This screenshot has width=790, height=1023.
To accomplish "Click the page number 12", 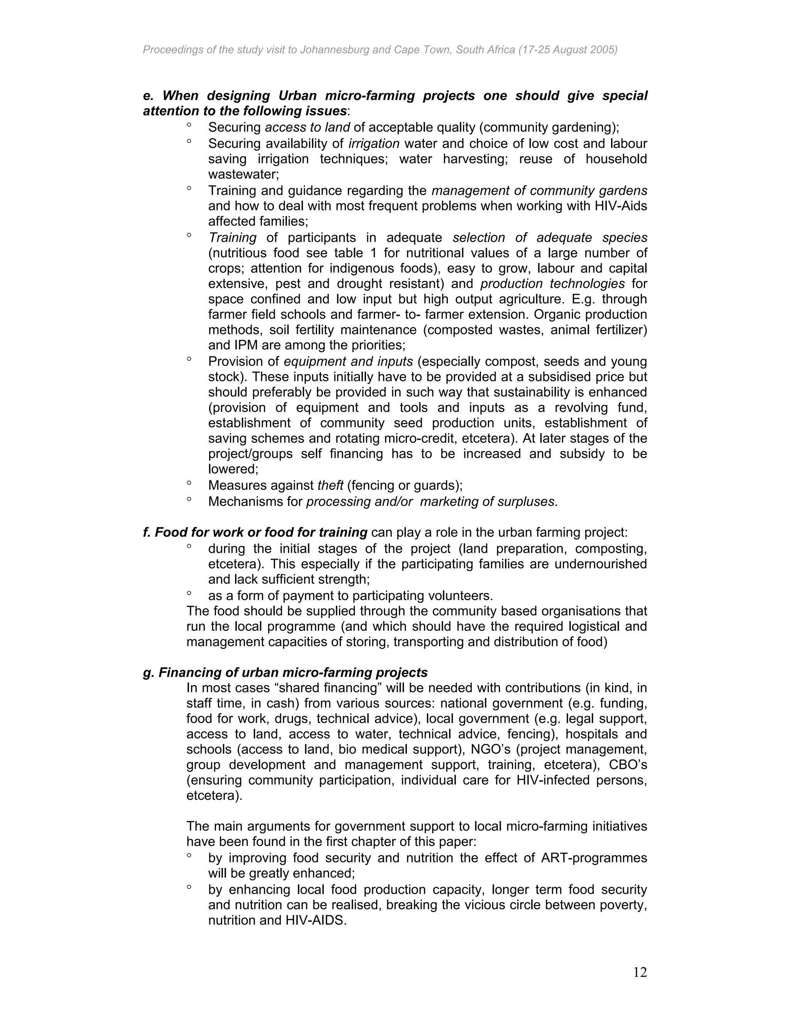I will [x=640, y=973].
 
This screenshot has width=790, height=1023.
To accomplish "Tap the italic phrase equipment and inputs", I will [x=348, y=362].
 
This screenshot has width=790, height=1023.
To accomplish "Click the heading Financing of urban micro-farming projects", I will [x=292, y=672].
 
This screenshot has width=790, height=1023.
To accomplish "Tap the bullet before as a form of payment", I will [x=189, y=593].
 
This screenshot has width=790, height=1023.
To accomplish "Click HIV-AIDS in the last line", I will [x=316, y=920].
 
